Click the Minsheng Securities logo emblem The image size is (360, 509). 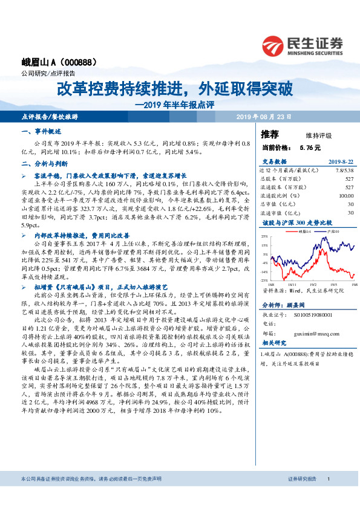coord(274,46)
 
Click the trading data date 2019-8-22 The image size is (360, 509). coord(340,162)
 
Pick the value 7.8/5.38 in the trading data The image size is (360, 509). coord(342,171)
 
